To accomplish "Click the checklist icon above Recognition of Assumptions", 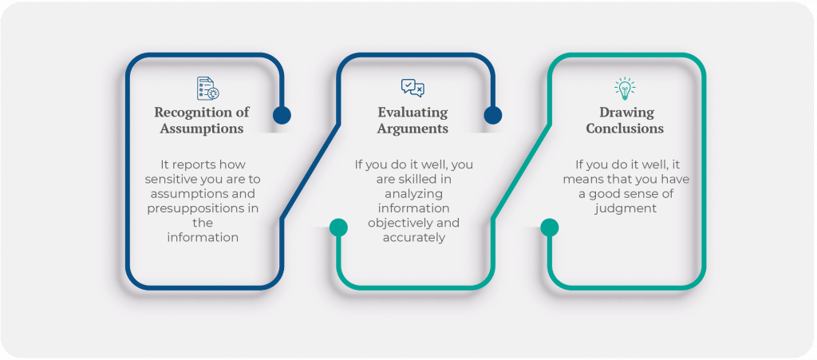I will coord(207,88).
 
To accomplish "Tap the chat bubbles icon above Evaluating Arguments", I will coord(412,88).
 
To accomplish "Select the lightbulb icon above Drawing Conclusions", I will coord(625,88).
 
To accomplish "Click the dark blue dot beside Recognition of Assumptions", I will coord(282,115).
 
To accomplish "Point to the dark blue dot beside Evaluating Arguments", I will coord(493,115).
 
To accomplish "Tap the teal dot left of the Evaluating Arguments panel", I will coord(338,227).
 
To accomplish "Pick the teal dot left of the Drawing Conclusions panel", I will coord(549,227).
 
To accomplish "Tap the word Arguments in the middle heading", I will coord(412,128).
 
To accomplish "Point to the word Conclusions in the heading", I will coord(625,128).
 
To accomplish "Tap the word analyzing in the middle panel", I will coord(412,193).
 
